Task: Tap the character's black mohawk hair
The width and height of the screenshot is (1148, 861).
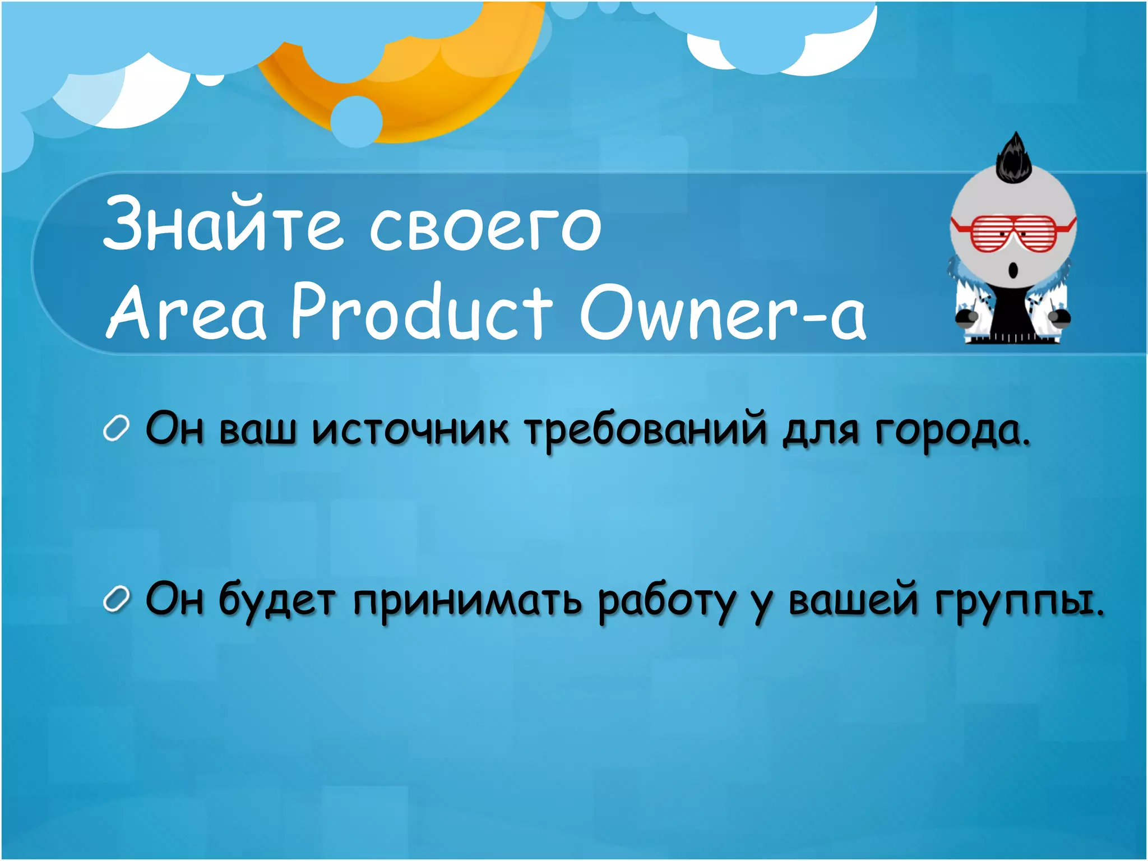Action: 1013,160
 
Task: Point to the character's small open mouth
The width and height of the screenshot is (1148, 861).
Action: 1013,271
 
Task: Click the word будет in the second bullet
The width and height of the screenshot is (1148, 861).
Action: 277,601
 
